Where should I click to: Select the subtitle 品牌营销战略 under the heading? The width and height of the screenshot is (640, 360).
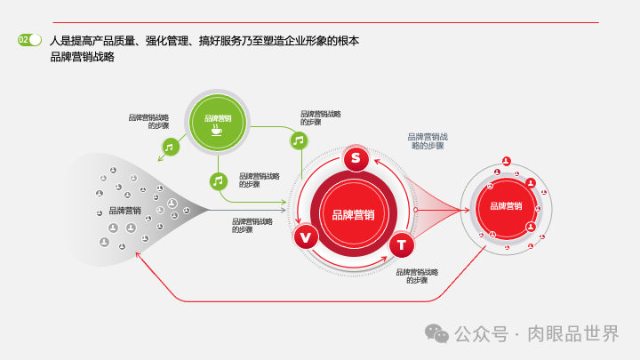(x=83, y=58)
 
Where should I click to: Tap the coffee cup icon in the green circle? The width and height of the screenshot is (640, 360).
(x=217, y=130)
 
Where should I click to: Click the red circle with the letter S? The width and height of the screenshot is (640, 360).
(x=356, y=159)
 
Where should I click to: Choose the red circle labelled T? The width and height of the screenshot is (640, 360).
(x=401, y=244)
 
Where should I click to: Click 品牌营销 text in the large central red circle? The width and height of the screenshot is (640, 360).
(x=353, y=214)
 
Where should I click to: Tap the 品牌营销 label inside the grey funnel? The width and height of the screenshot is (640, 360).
(x=124, y=211)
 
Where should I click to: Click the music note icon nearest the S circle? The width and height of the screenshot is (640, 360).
(x=299, y=140)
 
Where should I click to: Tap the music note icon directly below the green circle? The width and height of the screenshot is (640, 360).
(x=218, y=180)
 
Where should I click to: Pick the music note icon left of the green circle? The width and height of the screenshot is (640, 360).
(x=169, y=147)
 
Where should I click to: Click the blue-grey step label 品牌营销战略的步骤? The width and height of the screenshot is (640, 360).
(x=428, y=140)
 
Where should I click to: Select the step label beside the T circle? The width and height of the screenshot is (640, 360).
(x=417, y=276)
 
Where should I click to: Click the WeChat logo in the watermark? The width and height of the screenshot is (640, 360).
(x=436, y=333)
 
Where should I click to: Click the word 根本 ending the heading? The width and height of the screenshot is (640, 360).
(x=349, y=40)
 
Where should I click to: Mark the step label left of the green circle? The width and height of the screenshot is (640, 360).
(x=148, y=121)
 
